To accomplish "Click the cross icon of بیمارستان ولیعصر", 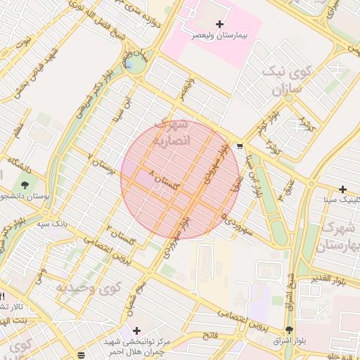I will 219,25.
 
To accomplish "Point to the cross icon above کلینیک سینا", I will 342,189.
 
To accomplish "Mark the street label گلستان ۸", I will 163,179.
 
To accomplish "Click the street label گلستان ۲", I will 120,229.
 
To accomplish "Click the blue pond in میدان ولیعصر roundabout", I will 130,65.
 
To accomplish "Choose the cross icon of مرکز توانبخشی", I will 136,330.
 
